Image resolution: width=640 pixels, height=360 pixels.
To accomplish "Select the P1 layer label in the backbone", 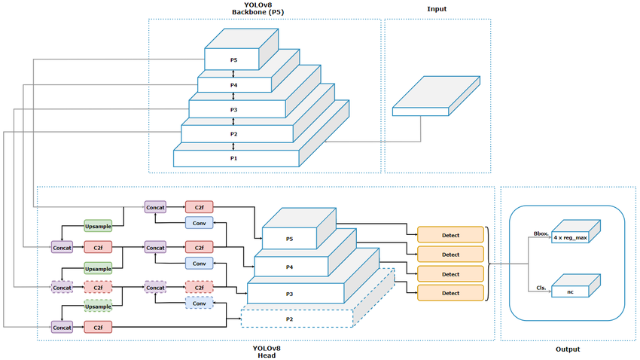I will coord(233,158).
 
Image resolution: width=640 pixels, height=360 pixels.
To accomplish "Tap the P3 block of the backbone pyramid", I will coord(233,109).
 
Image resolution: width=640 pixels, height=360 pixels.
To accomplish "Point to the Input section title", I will coord(436,9).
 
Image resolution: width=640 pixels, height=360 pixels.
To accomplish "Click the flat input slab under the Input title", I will coord(435,96).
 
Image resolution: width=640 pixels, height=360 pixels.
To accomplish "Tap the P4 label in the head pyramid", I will coord(290,266).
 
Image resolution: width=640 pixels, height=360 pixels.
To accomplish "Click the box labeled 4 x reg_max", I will coord(571,236).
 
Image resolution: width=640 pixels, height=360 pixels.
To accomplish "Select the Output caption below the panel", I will coord(568,349).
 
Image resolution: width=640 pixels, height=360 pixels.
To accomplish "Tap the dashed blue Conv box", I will coord(199,302).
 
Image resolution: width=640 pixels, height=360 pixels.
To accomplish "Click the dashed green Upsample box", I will coord(98,306).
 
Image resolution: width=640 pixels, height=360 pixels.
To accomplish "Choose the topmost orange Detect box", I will coord(450,234).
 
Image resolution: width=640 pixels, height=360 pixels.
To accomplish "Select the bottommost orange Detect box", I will coord(450,293).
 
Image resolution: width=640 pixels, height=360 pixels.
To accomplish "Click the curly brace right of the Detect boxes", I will coord(490,263).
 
